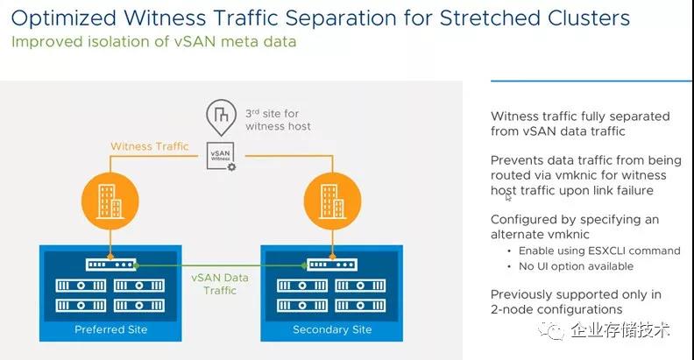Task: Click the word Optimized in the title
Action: [x=64, y=19]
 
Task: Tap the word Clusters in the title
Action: [x=589, y=18]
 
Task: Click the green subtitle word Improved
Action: [x=47, y=42]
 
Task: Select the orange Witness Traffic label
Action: [x=150, y=146]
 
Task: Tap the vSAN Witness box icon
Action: [x=221, y=156]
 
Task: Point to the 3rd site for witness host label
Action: [x=278, y=120]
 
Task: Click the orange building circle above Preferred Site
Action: [x=110, y=201]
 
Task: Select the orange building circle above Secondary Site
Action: [x=332, y=201]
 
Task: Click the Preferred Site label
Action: [x=110, y=329]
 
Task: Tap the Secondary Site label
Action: [x=332, y=329]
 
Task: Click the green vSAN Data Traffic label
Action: [x=220, y=284]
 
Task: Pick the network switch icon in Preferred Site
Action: [x=111, y=265]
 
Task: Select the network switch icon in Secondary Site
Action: [x=332, y=265]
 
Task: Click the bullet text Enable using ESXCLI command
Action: [x=599, y=251]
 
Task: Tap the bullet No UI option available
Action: [x=576, y=266]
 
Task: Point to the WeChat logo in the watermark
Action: [x=551, y=330]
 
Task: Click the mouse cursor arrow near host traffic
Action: [x=508, y=197]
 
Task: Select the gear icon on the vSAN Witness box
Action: [x=231, y=166]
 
